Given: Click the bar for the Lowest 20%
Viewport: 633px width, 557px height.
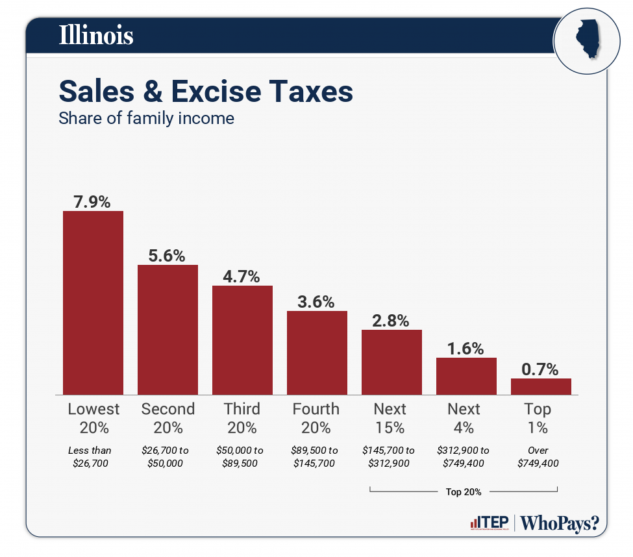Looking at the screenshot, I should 93,303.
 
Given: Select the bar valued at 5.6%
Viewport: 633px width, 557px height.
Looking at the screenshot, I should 168,329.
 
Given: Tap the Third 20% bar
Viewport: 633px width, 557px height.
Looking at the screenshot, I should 242,340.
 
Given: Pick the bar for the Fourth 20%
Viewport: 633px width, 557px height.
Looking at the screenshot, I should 317,353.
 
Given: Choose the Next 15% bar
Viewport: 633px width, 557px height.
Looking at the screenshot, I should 391,362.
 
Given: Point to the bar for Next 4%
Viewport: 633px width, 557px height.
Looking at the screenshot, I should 466,376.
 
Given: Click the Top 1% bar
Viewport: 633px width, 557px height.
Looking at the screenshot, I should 541,386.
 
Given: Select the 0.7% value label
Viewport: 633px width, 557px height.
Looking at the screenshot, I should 541,369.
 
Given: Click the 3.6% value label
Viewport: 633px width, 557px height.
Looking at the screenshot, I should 317,301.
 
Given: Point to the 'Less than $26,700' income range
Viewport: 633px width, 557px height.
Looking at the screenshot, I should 90,456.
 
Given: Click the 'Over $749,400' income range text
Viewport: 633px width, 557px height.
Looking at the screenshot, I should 538,456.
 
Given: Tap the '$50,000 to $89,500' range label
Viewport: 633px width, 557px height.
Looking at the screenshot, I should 240,456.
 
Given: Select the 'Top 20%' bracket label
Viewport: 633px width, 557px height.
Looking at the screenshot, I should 464,492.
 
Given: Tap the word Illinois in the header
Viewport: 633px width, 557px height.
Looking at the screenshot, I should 96,36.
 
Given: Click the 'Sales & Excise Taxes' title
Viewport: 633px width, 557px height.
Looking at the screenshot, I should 206,92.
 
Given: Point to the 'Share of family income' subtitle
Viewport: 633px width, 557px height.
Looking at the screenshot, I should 146,119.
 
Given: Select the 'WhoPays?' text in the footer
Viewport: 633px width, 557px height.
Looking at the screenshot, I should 560,523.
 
